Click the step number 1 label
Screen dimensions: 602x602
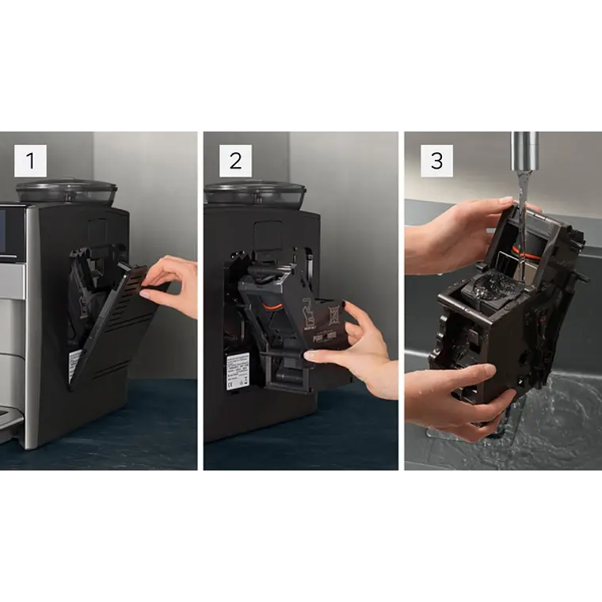tap(30, 161)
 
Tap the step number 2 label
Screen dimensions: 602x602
tap(235, 161)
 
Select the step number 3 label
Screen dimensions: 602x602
tap(436, 161)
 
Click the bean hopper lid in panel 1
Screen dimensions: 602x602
tap(67, 191)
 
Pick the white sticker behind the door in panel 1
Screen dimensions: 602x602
tap(74, 364)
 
